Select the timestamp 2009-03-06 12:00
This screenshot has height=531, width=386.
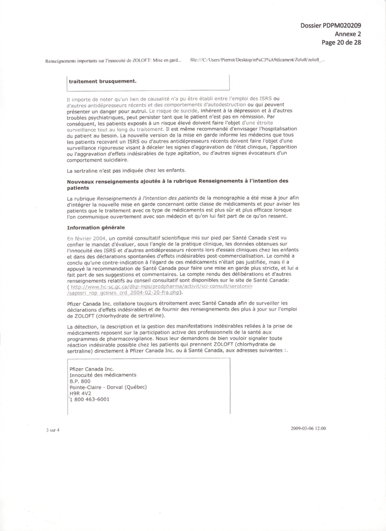pyautogui.click(x=309, y=428)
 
